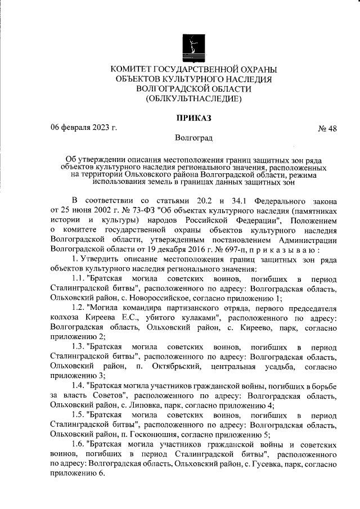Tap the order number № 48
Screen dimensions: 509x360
(x=327, y=129)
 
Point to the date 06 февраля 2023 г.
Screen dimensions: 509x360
(x=83, y=128)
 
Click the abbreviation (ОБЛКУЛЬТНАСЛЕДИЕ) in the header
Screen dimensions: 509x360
(x=193, y=98)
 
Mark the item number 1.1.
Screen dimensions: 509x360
(x=79, y=279)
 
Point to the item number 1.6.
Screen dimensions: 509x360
(x=79, y=443)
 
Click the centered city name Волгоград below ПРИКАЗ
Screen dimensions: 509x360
(x=193, y=137)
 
